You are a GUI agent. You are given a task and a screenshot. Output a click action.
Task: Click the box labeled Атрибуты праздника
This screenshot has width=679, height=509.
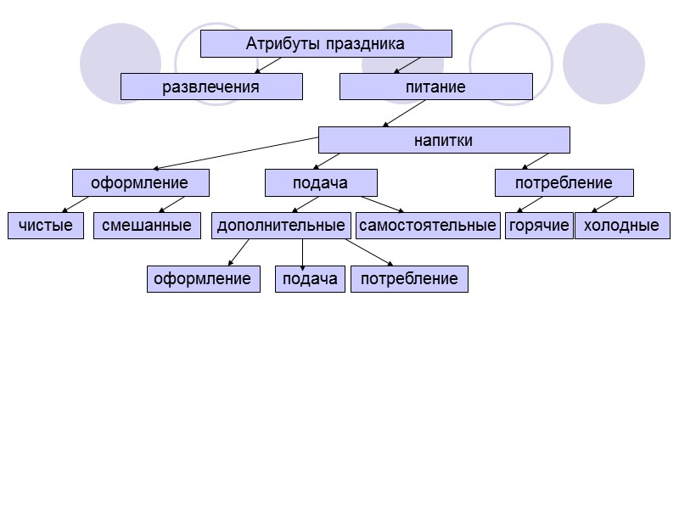coord(326,43)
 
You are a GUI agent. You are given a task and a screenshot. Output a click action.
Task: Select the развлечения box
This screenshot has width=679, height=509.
coord(211,87)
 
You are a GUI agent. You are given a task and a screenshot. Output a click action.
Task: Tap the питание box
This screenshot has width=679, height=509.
coord(436,87)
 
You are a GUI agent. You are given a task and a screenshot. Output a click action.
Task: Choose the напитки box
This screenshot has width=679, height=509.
coord(444,140)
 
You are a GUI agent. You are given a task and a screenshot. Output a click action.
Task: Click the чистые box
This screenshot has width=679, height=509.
coord(46,226)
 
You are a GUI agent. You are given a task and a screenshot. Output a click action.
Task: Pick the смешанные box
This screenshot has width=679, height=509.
coord(147,226)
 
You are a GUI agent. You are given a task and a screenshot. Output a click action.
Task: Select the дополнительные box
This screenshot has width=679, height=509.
coord(281,226)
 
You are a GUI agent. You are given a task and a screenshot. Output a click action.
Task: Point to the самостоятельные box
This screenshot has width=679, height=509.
coord(428,226)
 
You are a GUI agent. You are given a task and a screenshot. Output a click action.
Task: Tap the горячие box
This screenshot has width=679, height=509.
coord(539,226)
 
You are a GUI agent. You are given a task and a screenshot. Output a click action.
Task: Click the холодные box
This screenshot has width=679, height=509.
coord(622,226)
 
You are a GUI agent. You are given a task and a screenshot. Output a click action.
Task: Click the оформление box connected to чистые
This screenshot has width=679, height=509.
coord(140,182)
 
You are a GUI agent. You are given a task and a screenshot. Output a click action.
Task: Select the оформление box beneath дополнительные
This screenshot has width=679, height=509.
coord(203,278)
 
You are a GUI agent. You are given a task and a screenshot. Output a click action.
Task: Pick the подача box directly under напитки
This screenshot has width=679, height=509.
coord(321,182)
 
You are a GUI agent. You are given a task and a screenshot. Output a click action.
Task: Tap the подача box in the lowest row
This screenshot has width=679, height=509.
coord(310,278)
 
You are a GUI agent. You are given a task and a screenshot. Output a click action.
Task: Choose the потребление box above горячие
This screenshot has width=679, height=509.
coord(564,182)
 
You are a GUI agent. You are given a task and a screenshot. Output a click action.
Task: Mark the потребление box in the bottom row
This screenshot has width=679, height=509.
coord(409,278)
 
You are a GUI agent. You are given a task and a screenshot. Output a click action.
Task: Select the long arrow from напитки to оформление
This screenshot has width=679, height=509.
coord(238,154)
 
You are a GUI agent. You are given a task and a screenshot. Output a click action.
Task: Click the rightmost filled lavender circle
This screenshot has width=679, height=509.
coord(603,64)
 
